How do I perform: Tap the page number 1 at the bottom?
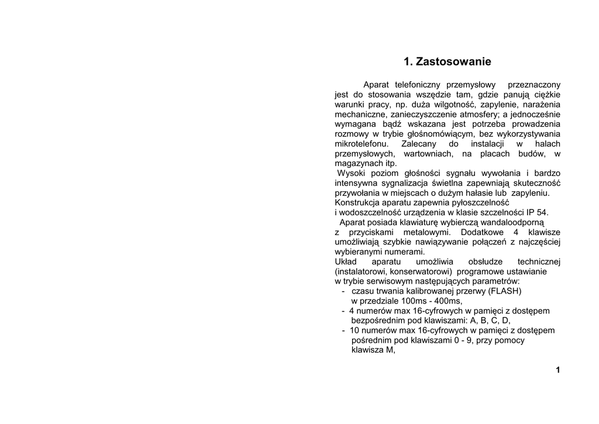(x=558, y=370)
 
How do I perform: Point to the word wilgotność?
(x=452, y=104)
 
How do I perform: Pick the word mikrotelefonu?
(x=360, y=144)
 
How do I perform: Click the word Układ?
(x=346, y=261)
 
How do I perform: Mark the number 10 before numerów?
(x=354, y=330)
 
